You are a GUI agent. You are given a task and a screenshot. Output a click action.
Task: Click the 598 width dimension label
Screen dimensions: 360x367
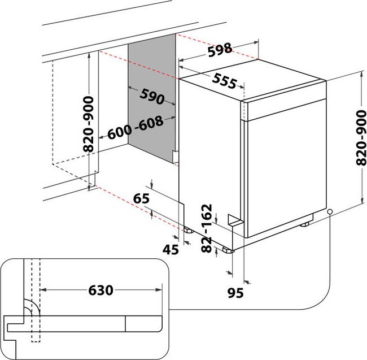pos(220,50)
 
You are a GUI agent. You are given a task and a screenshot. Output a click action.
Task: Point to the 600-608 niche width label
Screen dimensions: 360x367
pos(135,129)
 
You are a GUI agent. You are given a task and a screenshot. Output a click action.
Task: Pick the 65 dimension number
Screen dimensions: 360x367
pos(141,198)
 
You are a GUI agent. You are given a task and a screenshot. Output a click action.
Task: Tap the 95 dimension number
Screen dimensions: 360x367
pos(236,293)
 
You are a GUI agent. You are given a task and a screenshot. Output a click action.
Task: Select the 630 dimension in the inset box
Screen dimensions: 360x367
pos(101,290)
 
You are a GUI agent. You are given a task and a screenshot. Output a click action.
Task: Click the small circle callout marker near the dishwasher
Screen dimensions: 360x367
pos(329,212)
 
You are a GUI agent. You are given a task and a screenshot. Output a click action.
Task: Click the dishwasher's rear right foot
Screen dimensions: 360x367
pos(305,224)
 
